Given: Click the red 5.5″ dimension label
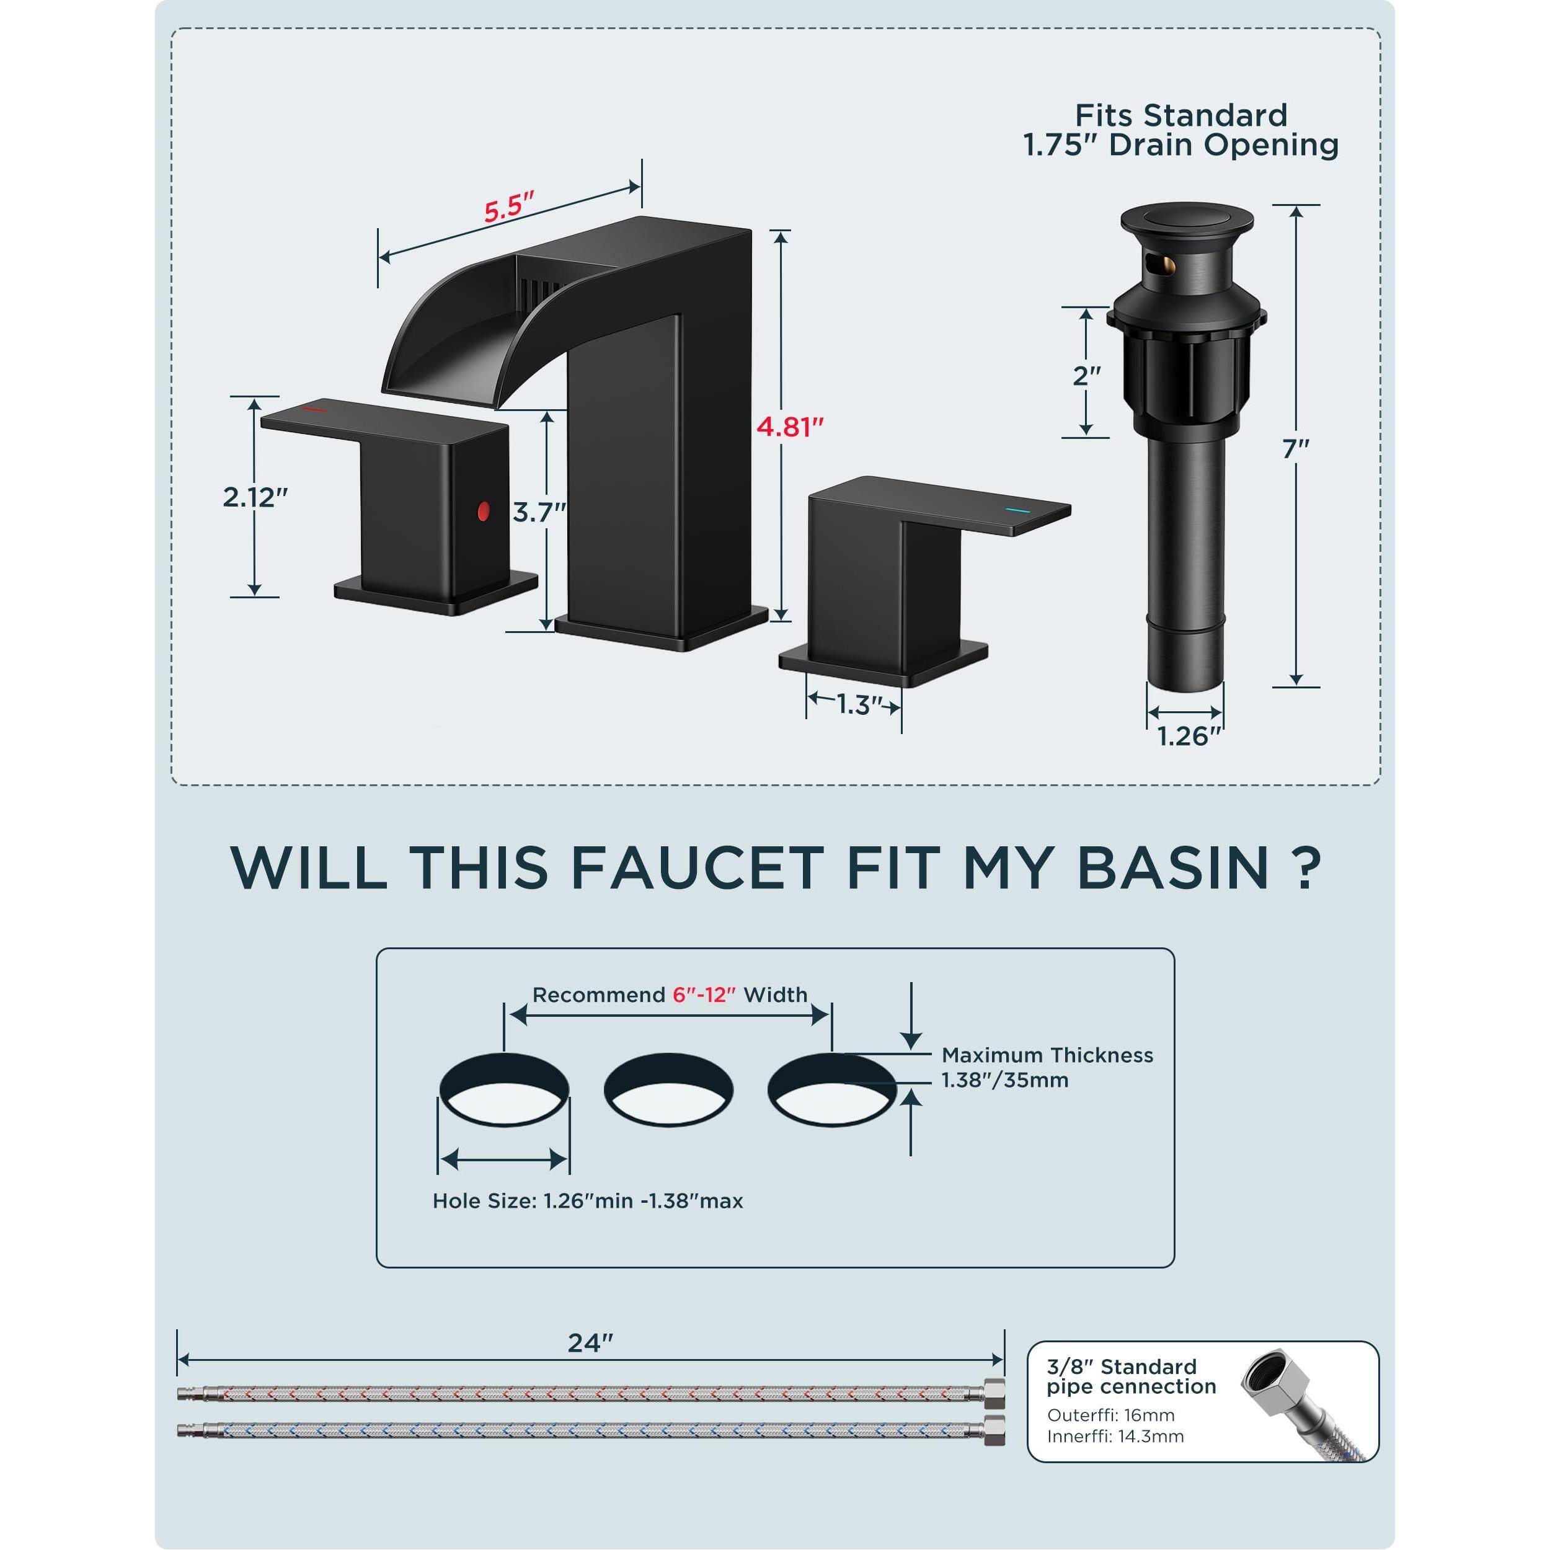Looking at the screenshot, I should [x=508, y=208].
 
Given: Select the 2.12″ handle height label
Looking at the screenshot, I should [x=254, y=497].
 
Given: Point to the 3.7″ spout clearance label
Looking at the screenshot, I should [x=540, y=512].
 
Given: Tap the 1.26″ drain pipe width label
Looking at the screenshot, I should [x=1188, y=736].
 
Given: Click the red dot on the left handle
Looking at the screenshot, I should [x=483, y=510].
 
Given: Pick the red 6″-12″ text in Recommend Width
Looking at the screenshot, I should [x=704, y=995].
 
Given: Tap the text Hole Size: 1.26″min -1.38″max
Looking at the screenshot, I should [x=587, y=1201].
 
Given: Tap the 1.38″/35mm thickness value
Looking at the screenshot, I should [x=1004, y=1080].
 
